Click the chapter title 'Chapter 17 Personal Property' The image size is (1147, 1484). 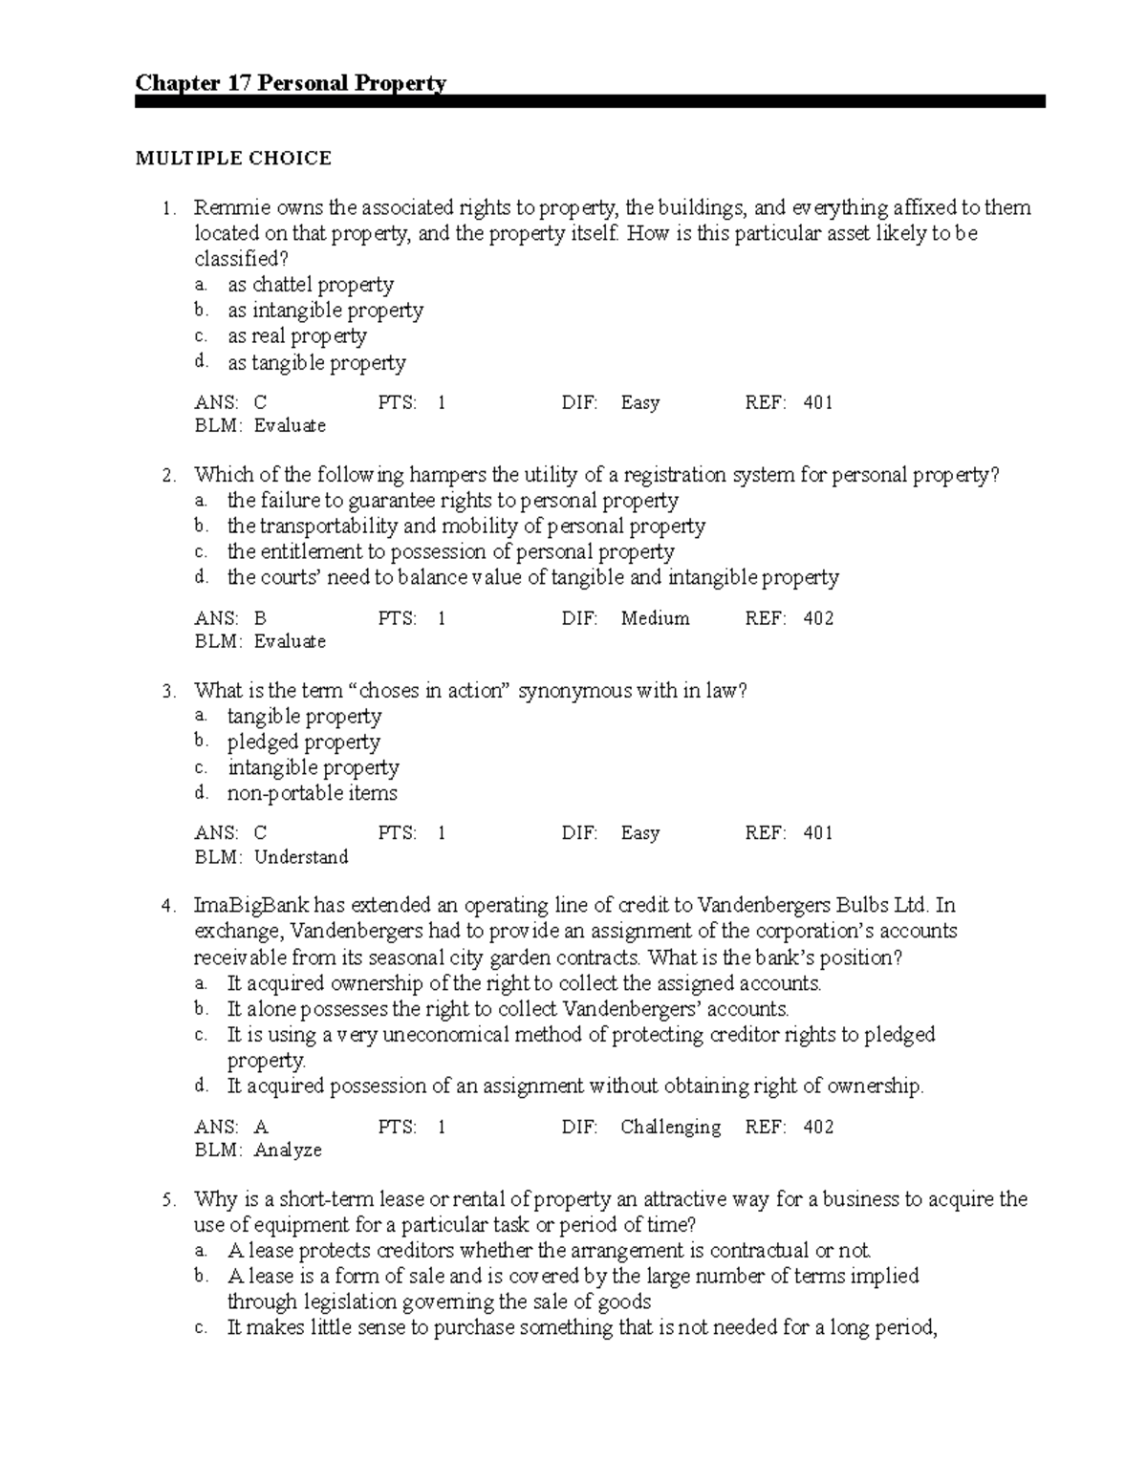[291, 83]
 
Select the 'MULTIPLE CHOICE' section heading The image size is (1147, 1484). [233, 159]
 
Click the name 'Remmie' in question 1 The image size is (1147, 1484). [227, 207]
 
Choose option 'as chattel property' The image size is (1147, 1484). [310, 285]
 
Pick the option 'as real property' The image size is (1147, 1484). [296, 336]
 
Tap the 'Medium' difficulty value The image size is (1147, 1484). [655, 618]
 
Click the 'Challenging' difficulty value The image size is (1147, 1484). [670, 1127]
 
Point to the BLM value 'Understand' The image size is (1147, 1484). [301, 857]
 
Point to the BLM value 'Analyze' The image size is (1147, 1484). [288, 1151]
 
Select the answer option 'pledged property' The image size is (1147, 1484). [303, 742]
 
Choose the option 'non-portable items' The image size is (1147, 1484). [312, 793]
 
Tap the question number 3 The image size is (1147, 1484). [166, 691]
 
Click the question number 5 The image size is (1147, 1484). [166, 1199]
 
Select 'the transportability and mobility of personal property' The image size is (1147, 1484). [465, 527]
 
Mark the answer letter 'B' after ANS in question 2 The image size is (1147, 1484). [260, 618]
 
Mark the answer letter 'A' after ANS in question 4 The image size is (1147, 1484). [260, 1127]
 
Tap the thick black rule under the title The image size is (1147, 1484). [590, 101]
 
